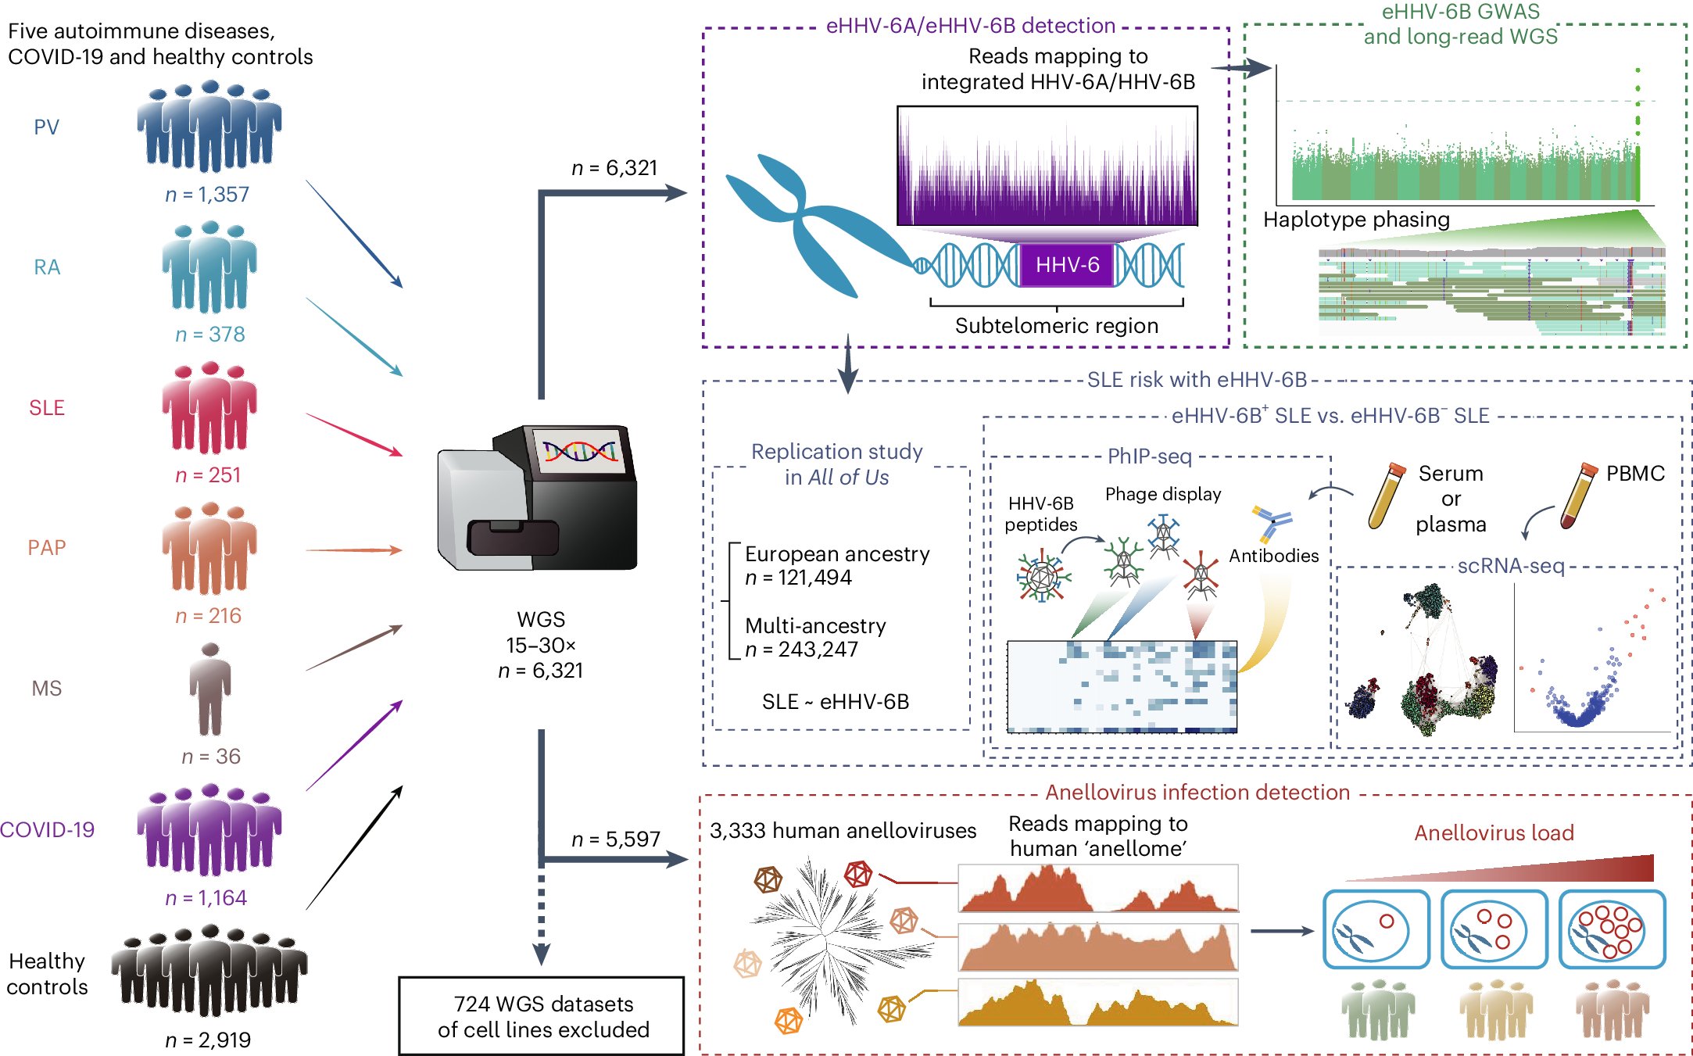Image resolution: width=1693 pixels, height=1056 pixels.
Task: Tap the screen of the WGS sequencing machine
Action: point(580,451)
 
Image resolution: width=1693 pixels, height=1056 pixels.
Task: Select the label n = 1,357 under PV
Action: point(207,194)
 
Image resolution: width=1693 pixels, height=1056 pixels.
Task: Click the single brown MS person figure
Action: point(209,689)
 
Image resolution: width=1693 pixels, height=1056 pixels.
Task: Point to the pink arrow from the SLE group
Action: point(354,434)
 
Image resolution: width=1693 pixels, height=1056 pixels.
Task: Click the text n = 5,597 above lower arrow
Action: point(615,839)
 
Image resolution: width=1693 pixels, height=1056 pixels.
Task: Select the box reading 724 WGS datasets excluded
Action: point(542,1015)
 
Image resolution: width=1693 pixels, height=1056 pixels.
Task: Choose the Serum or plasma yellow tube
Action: point(1387,496)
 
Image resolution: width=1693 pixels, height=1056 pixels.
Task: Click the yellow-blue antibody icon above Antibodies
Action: point(1272,524)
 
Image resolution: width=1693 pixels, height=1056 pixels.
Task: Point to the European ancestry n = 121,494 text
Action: point(836,565)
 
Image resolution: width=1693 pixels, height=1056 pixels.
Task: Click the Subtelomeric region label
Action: point(1056,325)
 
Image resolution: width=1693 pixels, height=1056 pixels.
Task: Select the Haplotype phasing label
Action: point(1356,220)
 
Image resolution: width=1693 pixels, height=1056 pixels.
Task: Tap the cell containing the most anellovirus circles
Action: point(1611,929)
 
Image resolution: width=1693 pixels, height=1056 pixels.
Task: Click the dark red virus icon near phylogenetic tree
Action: point(857,873)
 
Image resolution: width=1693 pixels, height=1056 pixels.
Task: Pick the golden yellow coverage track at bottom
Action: point(1097,1003)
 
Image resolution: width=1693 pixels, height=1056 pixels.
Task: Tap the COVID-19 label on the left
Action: point(47,829)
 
